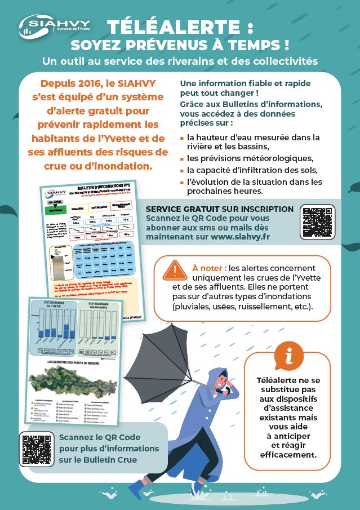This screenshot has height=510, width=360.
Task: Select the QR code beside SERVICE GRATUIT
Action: click(x=318, y=223)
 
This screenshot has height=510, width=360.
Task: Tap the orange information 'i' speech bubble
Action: click(x=288, y=356)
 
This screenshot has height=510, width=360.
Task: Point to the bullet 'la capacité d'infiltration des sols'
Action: click(x=253, y=170)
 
